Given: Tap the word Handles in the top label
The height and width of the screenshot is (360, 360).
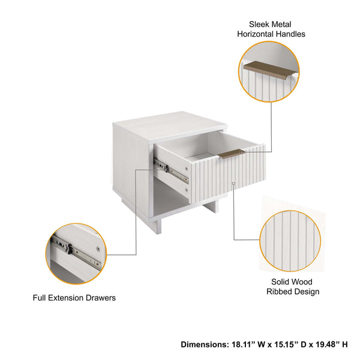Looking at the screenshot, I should point(289,34).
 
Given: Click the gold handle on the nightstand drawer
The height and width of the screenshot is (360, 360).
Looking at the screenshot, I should point(231,154).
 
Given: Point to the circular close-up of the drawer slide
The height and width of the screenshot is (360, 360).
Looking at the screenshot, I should point(76,253).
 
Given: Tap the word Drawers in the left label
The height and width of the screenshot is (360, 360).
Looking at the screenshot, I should point(102,298).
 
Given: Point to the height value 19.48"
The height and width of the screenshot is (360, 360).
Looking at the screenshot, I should point(325,344).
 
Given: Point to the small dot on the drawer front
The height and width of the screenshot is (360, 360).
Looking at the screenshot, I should point(232,182).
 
